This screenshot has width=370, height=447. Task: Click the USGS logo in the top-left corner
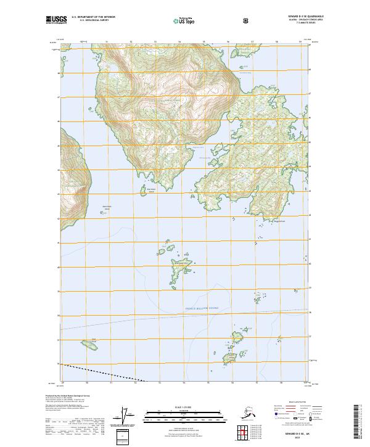coord(56,20)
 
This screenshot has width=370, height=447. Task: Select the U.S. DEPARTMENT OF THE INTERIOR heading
coord(93,17)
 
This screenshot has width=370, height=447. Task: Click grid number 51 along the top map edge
coord(106,42)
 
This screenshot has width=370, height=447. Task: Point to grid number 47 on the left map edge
coord(59,97)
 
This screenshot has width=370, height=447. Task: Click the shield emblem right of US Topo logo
coord(247,20)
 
